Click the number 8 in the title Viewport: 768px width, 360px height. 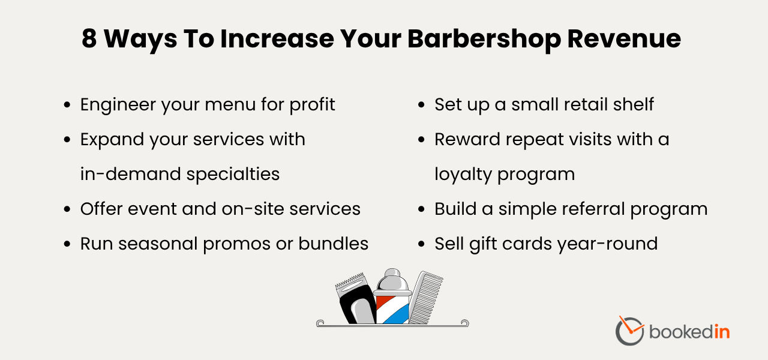click(89, 38)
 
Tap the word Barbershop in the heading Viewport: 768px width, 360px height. click(484, 40)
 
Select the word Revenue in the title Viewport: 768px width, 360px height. click(624, 38)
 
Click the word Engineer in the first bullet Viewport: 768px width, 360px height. click(118, 105)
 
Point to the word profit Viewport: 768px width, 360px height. click(313, 105)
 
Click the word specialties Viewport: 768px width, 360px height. click(233, 175)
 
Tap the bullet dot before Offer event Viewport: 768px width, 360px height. click(67, 209)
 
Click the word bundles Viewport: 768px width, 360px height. click(333, 244)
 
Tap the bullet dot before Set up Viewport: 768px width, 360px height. click(421, 105)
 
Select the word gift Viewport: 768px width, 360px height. click(483, 244)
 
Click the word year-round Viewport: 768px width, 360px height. click(607, 244)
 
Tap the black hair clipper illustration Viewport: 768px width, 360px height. click(356, 299)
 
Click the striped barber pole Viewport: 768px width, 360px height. click(393, 297)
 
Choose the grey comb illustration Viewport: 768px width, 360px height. click(426, 298)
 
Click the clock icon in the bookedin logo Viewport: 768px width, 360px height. click(629, 331)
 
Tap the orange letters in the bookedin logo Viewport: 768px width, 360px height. click(722, 331)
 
